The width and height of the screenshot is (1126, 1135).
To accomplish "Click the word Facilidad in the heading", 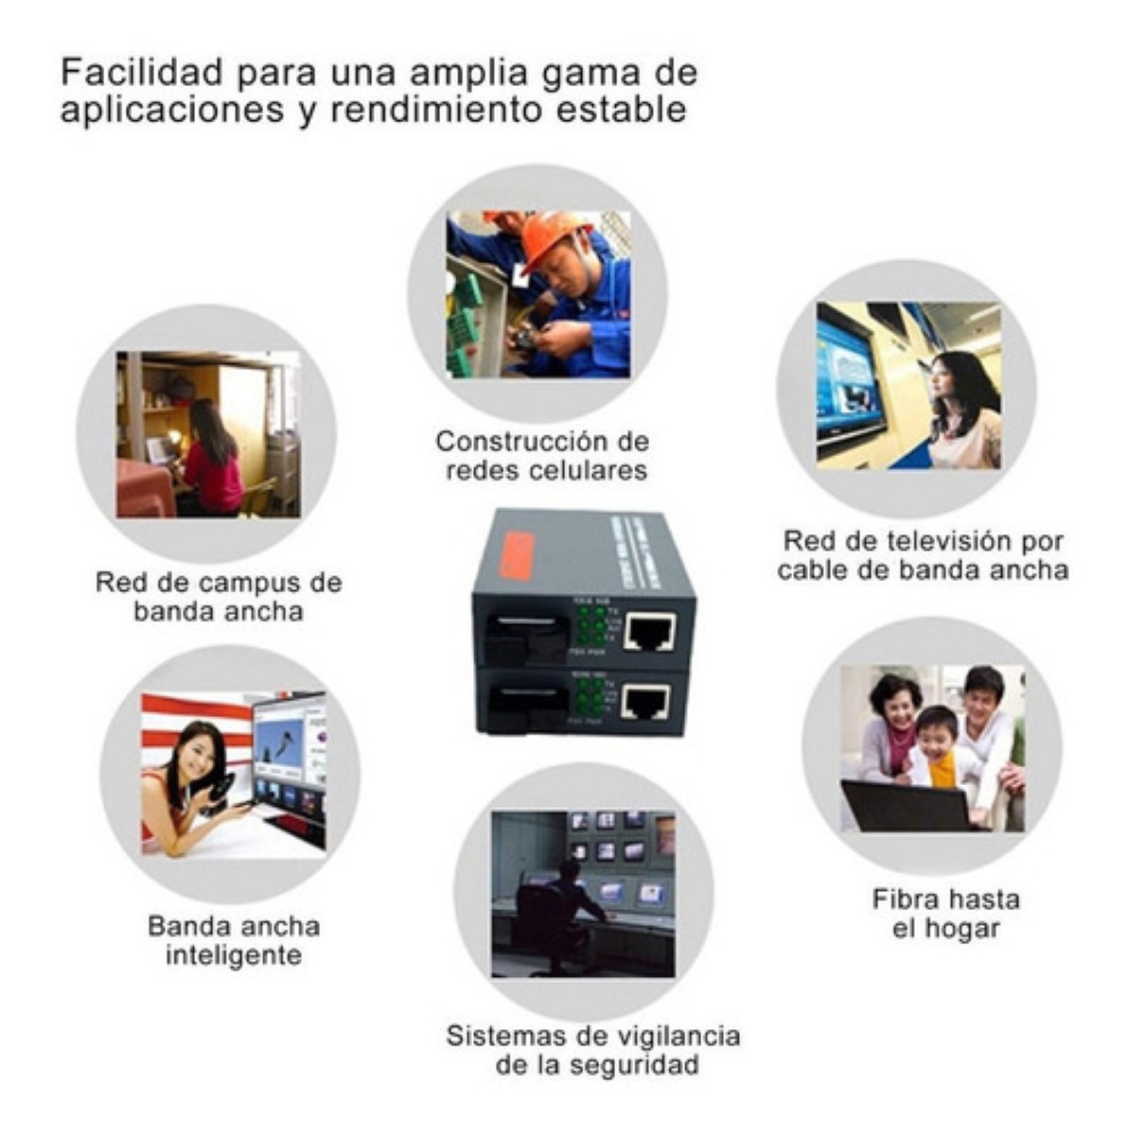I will [x=142, y=73].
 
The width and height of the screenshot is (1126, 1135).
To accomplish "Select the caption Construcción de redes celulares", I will [x=544, y=456].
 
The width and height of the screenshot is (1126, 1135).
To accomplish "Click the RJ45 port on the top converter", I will [x=651, y=632].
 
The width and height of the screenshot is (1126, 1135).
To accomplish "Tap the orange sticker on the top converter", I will [x=518, y=556].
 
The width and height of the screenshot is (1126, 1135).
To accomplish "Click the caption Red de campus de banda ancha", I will [x=219, y=597].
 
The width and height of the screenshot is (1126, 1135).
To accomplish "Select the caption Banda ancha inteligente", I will [x=234, y=940].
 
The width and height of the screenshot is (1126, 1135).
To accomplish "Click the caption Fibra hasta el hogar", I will [x=945, y=914].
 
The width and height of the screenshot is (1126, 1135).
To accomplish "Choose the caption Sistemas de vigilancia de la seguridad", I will [x=593, y=1050].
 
